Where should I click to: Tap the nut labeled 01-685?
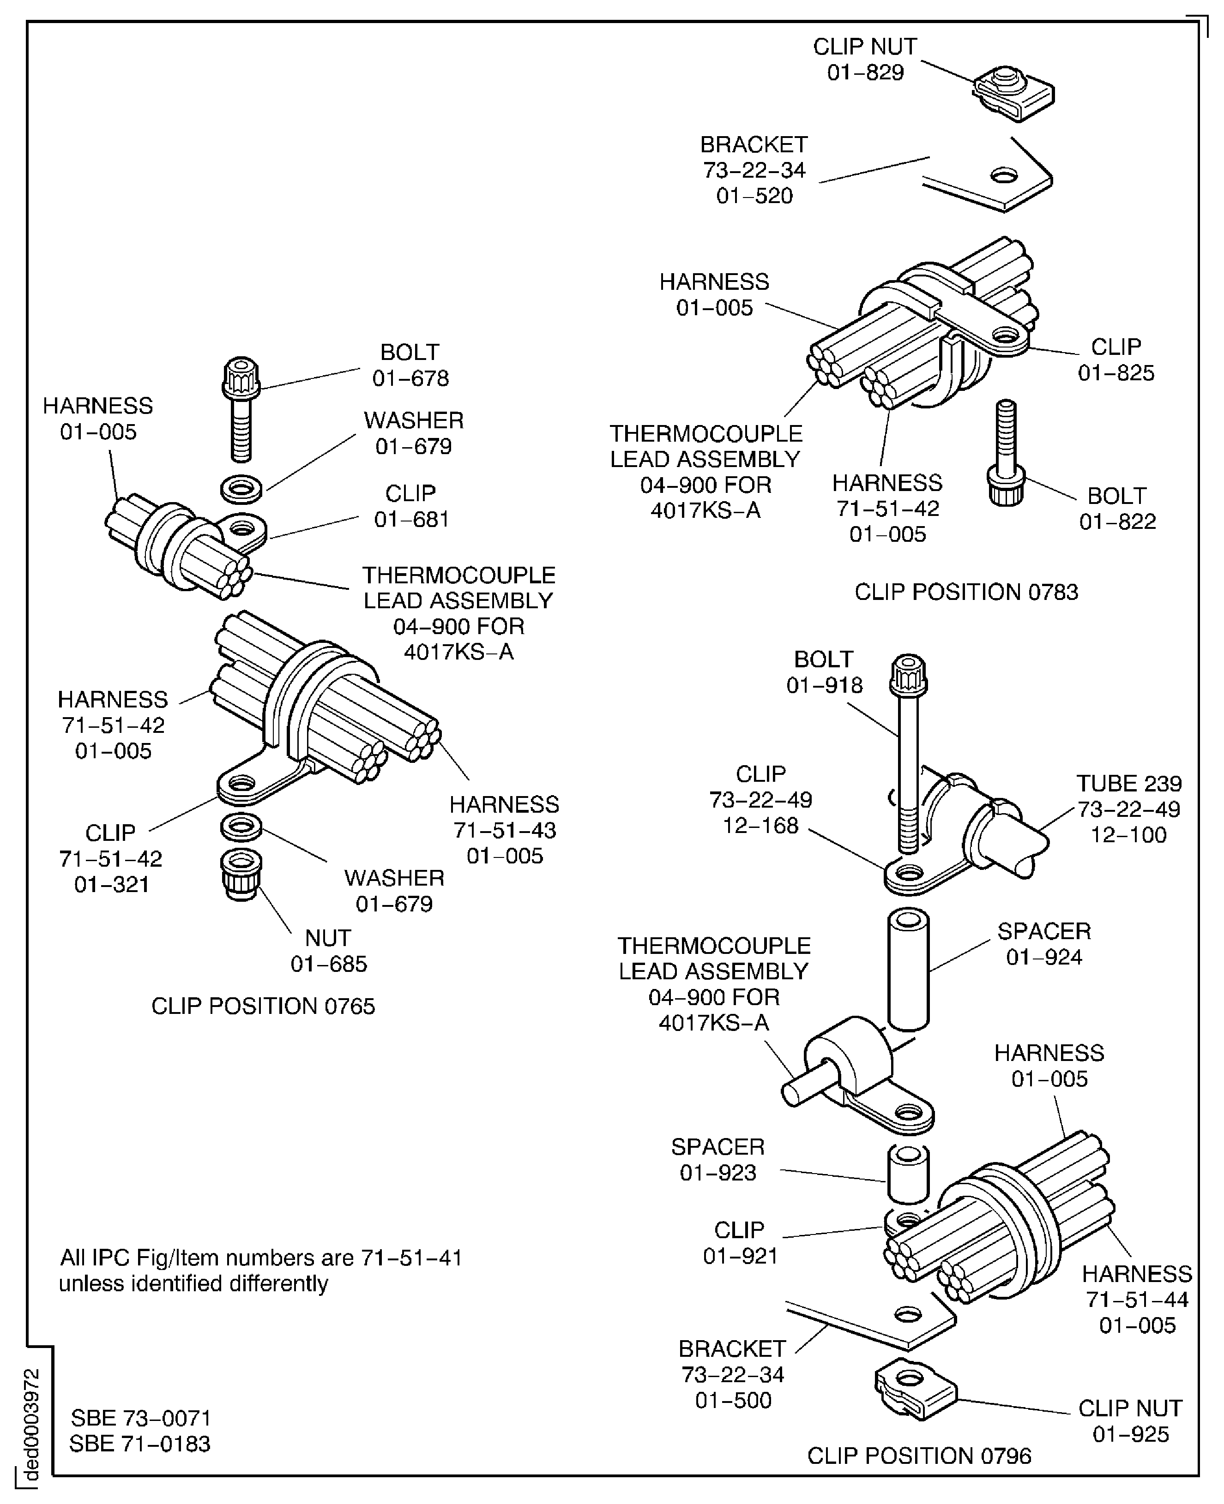(x=241, y=875)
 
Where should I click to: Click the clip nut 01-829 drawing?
(x=1014, y=93)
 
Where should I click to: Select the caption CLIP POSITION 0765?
(x=263, y=1006)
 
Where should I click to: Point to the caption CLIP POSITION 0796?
(x=919, y=1456)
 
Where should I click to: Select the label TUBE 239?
(x=1128, y=783)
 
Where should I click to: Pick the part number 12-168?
(x=760, y=825)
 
